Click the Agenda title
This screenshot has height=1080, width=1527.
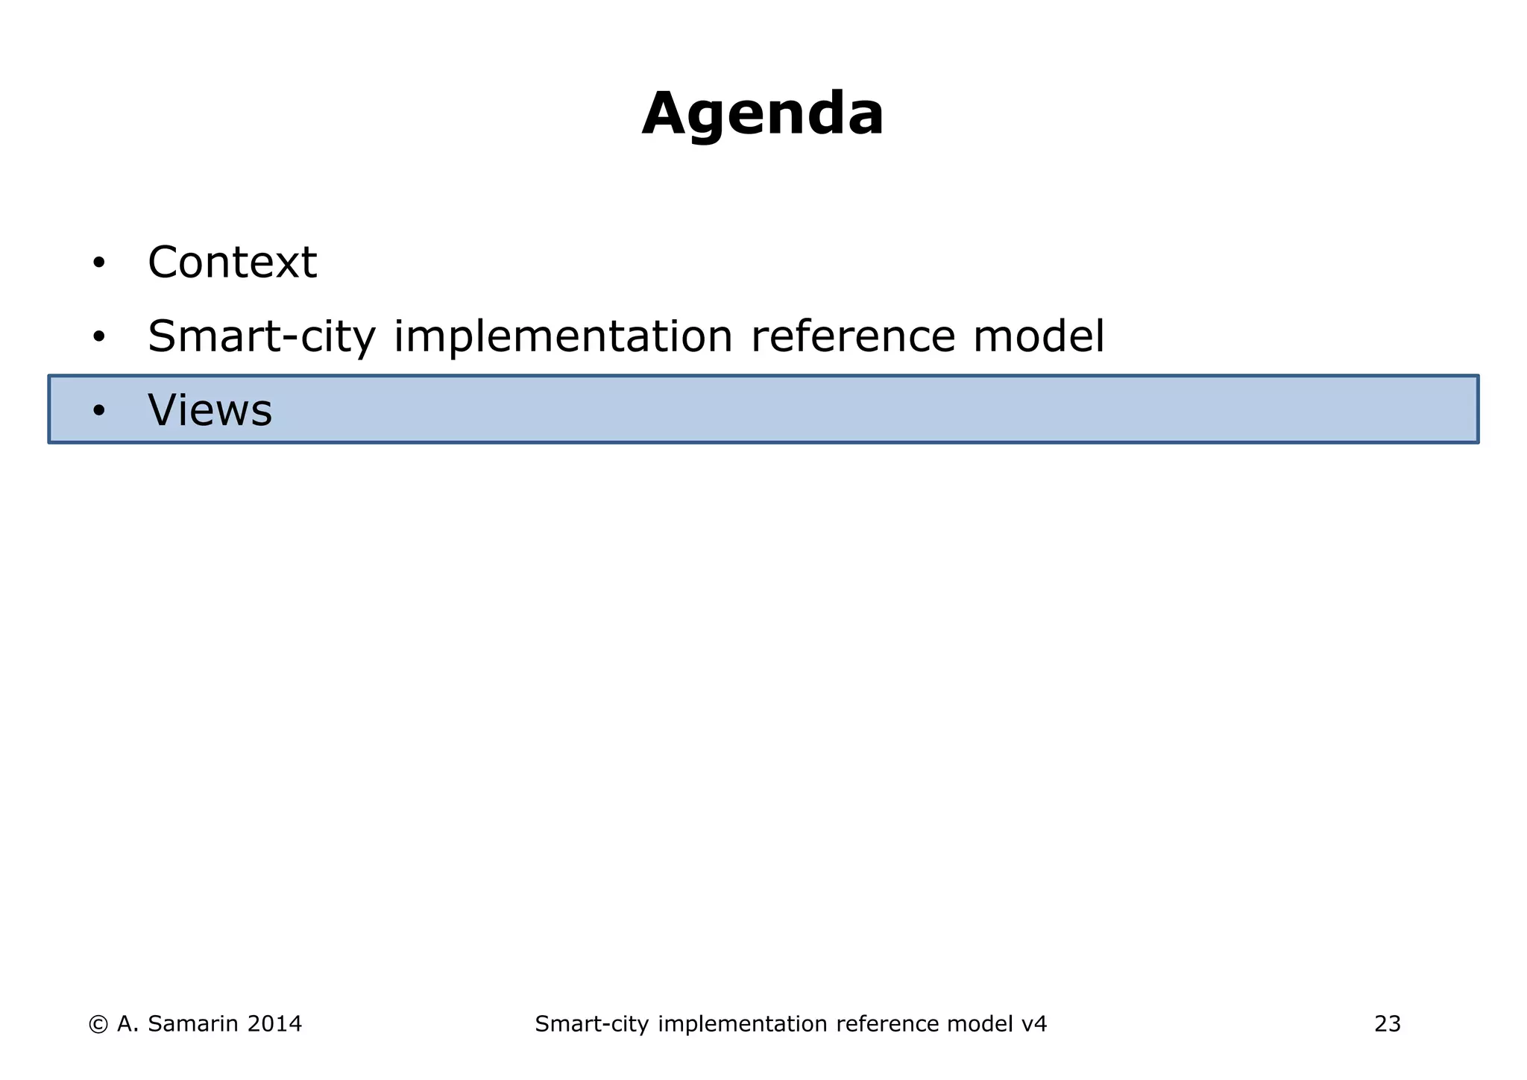(x=763, y=114)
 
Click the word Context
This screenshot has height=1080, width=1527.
(x=232, y=263)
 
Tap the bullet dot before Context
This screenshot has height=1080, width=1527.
(x=99, y=263)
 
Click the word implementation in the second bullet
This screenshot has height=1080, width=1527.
(x=563, y=336)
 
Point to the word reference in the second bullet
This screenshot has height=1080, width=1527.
(x=852, y=336)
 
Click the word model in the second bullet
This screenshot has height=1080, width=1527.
(x=1038, y=336)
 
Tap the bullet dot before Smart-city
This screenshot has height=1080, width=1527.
(x=99, y=337)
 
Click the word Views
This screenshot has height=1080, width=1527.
(x=210, y=410)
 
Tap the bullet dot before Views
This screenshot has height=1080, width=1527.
(x=99, y=411)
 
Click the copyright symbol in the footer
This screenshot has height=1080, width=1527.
(x=98, y=1024)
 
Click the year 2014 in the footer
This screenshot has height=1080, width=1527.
(x=274, y=1024)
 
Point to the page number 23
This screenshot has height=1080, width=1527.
(x=1387, y=1024)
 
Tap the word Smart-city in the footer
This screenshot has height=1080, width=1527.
(x=591, y=1024)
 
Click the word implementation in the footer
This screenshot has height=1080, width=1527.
(x=743, y=1024)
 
